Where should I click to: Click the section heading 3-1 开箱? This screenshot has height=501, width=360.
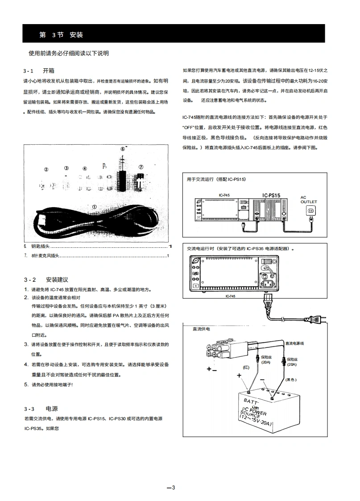tap(39, 71)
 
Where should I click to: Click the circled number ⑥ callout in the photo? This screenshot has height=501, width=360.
tap(123, 149)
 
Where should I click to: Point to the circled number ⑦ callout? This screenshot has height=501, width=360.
tap(141, 167)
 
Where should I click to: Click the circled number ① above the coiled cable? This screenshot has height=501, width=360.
tap(94, 207)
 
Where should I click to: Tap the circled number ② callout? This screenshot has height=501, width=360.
tap(46, 169)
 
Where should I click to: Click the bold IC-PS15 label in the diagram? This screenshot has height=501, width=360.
tap(271, 195)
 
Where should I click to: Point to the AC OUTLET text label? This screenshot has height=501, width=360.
tap(309, 199)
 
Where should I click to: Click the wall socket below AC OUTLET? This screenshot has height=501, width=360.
tap(311, 210)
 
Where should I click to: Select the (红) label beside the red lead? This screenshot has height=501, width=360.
tap(246, 367)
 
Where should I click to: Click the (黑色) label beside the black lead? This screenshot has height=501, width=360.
tap(291, 379)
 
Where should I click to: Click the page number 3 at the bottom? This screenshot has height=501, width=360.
tap(171, 487)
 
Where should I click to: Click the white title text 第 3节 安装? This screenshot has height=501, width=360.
tap(61, 35)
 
